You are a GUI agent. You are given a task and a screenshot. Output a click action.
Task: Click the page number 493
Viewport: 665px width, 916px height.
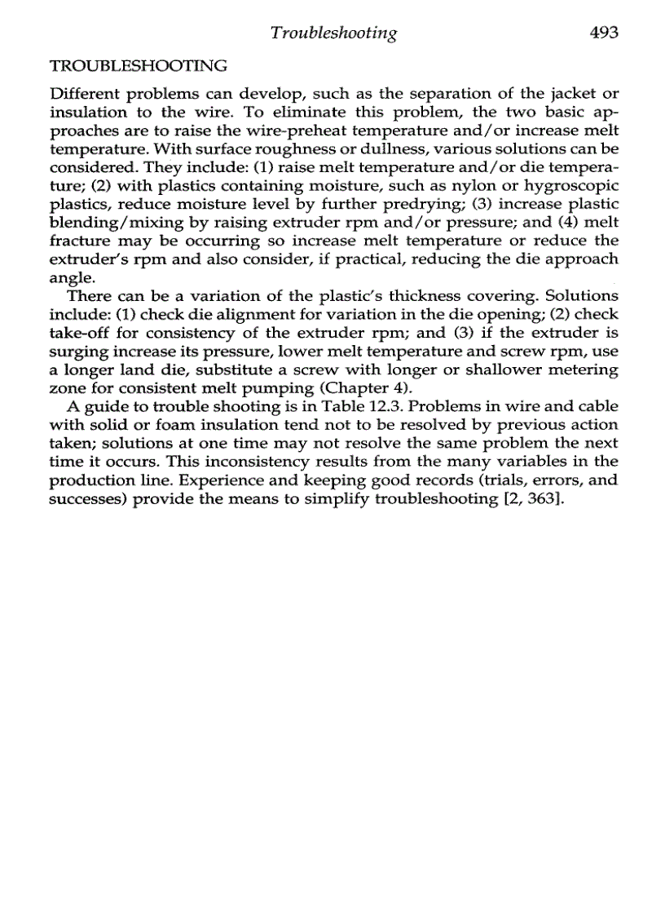click(601, 33)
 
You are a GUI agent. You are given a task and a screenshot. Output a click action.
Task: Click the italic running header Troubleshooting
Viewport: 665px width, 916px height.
click(334, 33)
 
